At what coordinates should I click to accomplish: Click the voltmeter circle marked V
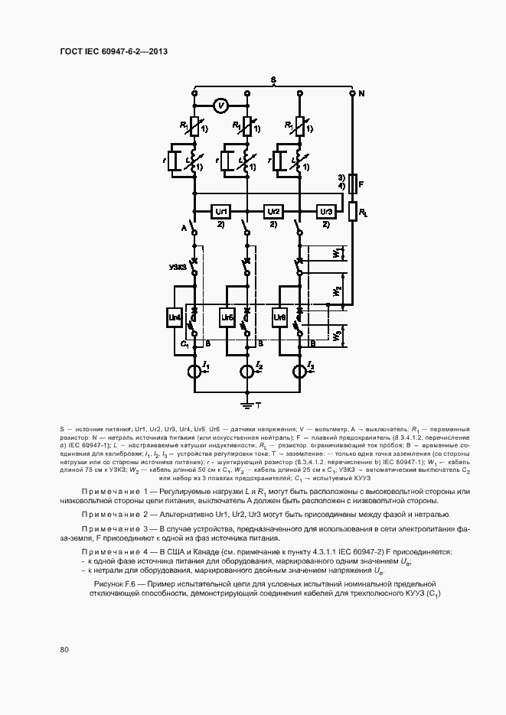click(x=220, y=106)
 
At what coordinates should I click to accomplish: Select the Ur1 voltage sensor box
click(x=221, y=210)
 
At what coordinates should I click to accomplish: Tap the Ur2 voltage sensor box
click(x=273, y=210)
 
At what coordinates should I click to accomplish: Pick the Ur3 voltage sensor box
click(x=325, y=210)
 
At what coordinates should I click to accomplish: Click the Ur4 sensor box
click(x=175, y=317)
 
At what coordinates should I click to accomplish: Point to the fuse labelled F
click(x=352, y=184)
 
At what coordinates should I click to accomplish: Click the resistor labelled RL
click(x=352, y=211)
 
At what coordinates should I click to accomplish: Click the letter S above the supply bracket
click(x=273, y=80)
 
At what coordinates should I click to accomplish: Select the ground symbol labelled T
click(x=246, y=400)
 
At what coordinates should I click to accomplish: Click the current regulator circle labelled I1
click(x=195, y=372)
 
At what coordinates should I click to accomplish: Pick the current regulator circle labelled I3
click(x=299, y=372)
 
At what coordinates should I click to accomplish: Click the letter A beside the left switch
click(x=184, y=228)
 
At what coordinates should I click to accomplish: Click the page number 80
click(x=64, y=650)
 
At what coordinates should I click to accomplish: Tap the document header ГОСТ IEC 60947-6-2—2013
click(x=113, y=51)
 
